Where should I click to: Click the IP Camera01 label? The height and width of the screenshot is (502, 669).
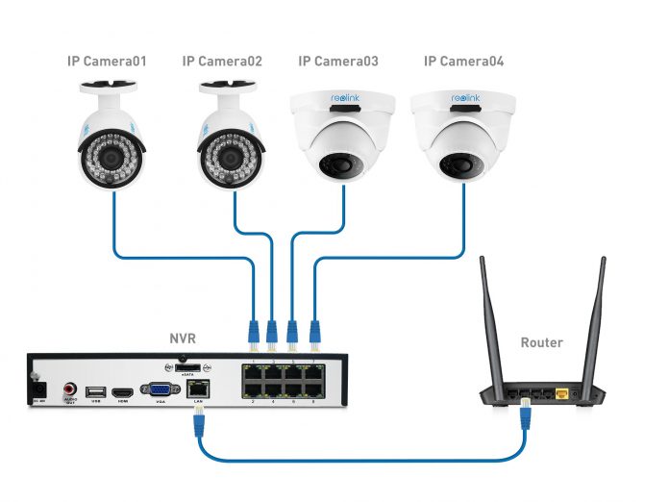point(107,62)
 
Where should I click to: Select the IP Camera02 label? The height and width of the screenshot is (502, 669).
point(222,62)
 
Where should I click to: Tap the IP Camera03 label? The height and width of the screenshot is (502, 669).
point(337,62)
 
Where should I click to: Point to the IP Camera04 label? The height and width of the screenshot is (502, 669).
point(463,62)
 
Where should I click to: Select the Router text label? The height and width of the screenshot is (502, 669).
point(541,342)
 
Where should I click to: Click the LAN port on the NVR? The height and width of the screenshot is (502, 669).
point(199,389)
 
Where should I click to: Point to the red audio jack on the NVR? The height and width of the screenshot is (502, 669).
point(69,388)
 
